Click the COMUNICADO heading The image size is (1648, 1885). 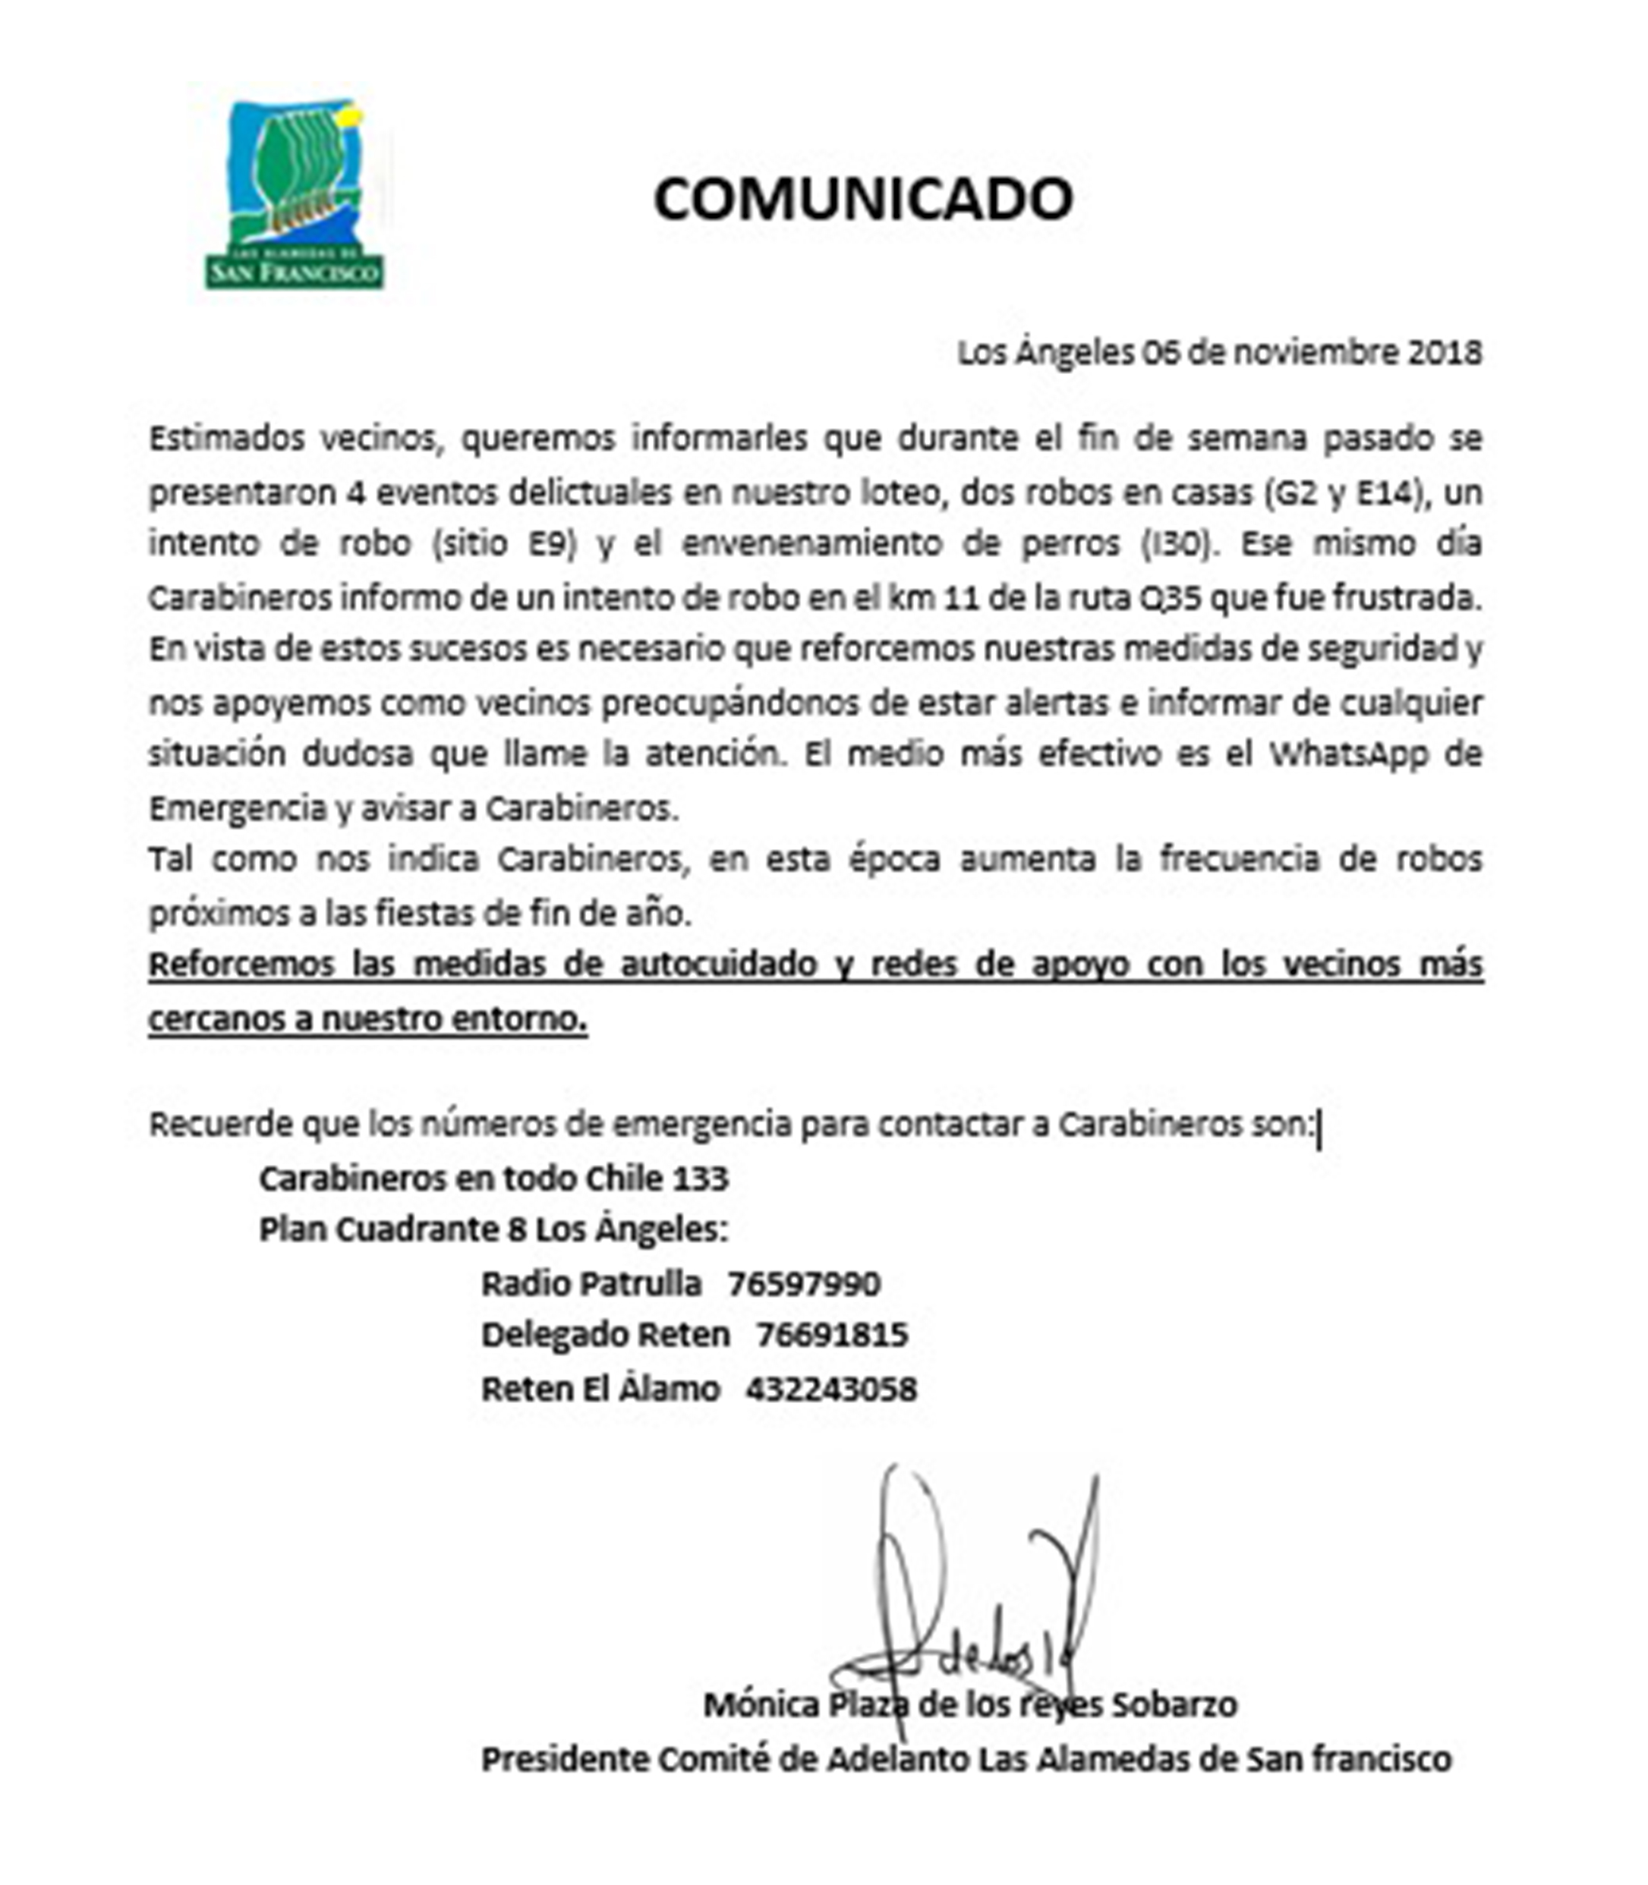click(x=862, y=200)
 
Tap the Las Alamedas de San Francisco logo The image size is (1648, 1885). click(x=295, y=196)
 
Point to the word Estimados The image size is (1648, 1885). click(x=225, y=439)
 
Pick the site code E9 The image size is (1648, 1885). click(x=550, y=544)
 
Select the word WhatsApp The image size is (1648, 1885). click(x=1349, y=755)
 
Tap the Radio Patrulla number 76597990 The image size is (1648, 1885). click(x=804, y=1284)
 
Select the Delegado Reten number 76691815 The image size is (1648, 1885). click(x=831, y=1335)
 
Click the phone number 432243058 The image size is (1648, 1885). click(x=831, y=1389)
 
